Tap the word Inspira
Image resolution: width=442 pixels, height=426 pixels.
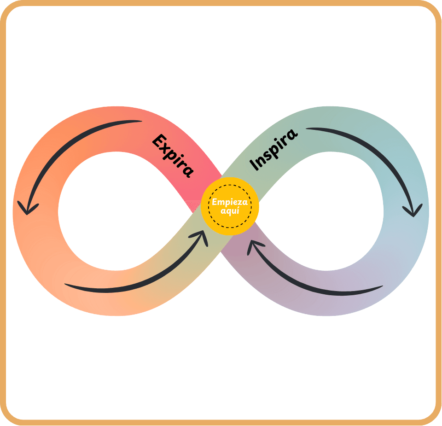tap(273, 149)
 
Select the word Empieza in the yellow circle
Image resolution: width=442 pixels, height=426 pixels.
tap(230, 202)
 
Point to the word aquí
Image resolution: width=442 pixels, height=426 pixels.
tap(230, 210)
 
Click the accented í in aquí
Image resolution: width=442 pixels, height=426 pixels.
tap(238, 210)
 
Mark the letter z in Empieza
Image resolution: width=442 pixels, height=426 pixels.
tap(240, 202)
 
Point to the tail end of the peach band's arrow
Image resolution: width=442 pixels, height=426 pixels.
tap(67, 285)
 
